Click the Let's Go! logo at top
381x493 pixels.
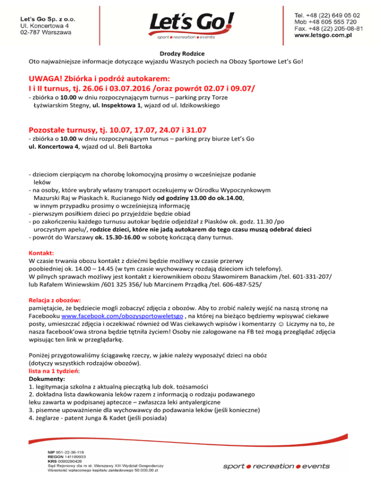[190, 25]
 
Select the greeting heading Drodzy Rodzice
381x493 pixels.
[190, 53]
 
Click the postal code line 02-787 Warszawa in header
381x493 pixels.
[45, 32]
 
